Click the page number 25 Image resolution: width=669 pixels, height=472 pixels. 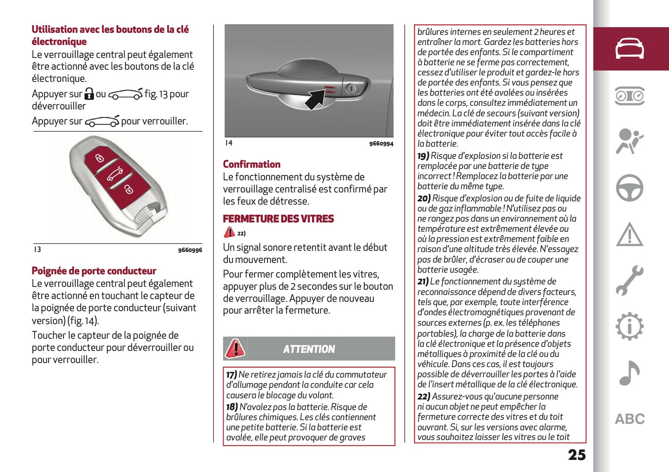[x=576, y=455]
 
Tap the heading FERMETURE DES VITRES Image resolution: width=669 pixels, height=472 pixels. [x=278, y=219]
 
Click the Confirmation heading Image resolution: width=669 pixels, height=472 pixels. [x=251, y=164]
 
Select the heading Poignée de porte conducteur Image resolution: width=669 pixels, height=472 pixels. [x=94, y=271]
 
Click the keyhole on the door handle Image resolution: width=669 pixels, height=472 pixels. [x=351, y=88]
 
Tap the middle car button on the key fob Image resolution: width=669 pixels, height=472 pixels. [x=115, y=174]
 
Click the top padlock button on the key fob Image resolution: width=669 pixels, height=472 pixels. [x=100, y=158]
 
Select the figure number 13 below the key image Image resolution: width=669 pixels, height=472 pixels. [x=37, y=249]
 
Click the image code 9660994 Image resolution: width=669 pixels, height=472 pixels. [x=381, y=144]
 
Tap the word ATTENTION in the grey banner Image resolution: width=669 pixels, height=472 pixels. [x=309, y=349]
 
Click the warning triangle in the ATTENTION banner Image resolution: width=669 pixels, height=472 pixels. [x=235, y=349]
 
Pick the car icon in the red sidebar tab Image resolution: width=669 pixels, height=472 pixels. [x=629, y=49]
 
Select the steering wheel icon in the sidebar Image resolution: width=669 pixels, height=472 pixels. [x=629, y=188]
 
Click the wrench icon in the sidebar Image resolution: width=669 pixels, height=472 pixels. [x=629, y=281]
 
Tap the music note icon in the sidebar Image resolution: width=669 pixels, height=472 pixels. [x=629, y=373]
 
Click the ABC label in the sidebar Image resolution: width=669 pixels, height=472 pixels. [x=630, y=419]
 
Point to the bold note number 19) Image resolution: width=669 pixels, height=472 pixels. [x=423, y=156]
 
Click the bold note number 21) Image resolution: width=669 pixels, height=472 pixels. [x=423, y=281]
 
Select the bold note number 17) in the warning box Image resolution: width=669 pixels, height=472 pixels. [x=231, y=375]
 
